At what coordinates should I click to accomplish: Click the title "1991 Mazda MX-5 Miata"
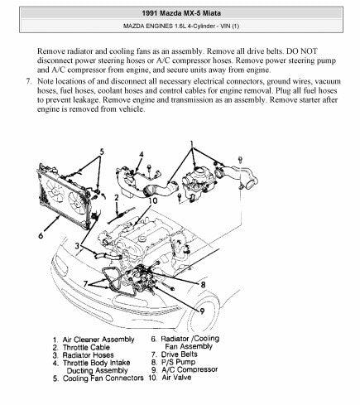click(181, 13)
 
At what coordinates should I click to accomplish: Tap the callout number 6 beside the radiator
click(41, 235)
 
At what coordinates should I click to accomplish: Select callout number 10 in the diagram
click(152, 200)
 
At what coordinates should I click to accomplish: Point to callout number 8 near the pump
click(203, 285)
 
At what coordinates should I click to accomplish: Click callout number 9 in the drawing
click(202, 311)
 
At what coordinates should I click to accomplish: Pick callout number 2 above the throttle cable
click(117, 198)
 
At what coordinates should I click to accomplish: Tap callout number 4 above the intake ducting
click(142, 155)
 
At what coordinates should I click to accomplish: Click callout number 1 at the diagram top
click(192, 144)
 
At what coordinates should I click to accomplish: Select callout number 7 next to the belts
click(85, 284)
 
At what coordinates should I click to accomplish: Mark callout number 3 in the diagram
click(78, 245)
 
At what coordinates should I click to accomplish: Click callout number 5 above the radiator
click(102, 152)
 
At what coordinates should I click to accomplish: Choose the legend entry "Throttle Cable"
click(86, 347)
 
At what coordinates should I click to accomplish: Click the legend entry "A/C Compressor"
click(190, 369)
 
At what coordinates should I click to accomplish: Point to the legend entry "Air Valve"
click(176, 378)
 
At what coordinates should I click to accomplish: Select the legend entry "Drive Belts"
click(180, 354)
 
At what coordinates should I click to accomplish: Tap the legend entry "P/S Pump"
click(178, 362)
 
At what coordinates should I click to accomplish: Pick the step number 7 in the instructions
click(28, 81)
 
